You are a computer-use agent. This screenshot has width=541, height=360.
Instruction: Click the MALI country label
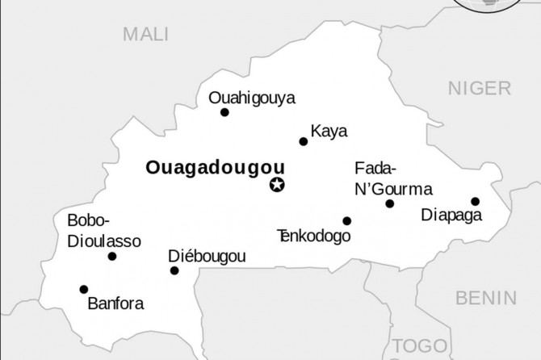(145, 34)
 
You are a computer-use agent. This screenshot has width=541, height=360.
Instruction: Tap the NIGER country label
(480, 88)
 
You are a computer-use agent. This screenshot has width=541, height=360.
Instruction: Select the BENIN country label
(485, 297)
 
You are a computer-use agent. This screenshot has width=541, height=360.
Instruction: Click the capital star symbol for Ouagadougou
(277, 186)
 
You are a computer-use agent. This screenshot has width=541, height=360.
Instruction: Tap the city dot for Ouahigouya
(224, 112)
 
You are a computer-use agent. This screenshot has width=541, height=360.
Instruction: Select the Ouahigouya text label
(252, 98)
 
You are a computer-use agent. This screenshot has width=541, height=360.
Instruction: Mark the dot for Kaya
(304, 141)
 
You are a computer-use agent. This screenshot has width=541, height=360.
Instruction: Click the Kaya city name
(329, 131)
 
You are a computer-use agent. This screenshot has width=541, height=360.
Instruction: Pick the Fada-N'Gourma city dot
(390, 203)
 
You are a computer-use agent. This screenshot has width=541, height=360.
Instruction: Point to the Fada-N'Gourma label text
(393, 178)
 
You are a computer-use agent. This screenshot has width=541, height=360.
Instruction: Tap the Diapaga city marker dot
(475, 201)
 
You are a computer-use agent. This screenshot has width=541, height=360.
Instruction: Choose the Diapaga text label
(452, 216)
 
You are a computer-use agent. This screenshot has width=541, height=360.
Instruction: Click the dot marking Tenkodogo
(346, 220)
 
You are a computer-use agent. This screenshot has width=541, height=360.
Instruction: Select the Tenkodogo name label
(314, 236)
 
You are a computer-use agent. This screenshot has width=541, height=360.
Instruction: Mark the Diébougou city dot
(174, 270)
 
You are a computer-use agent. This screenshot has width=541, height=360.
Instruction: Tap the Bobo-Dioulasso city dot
(111, 257)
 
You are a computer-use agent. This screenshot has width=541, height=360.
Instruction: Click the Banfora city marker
(84, 289)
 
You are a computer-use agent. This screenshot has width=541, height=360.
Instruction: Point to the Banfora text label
(115, 304)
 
